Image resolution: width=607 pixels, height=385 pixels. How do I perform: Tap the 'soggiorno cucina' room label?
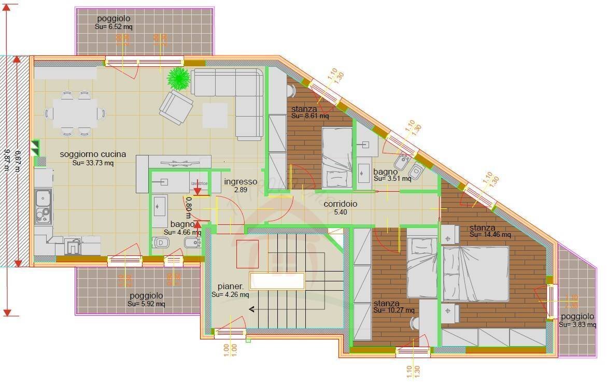tap(93, 154)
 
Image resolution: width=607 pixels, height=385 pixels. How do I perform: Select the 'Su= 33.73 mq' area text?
tap(93, 163)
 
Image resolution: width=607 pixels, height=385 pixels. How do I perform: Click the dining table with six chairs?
tap(75, 113)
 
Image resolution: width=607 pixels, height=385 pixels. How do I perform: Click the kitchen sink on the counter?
tap(43, 206)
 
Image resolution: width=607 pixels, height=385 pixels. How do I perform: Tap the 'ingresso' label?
tap(241, 182)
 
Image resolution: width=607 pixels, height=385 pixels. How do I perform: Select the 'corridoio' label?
tap(341, 204)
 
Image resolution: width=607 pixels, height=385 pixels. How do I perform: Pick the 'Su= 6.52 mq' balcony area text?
tap(114, 27)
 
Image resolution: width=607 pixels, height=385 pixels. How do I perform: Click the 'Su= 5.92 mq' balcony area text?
tap(146, 304)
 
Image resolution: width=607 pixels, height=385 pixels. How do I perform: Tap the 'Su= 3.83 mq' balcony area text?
tap(577, 325)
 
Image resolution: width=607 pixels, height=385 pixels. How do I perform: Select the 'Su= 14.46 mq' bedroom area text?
tap(490, 235)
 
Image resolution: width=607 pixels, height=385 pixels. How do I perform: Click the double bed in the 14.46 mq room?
tap(475, 274)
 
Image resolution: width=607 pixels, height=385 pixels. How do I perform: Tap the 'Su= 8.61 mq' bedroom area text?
tap(310, 117)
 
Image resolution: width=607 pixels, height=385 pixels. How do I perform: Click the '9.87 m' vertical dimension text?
tap(7, 161)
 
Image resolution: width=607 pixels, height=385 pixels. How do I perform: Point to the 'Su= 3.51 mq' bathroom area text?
tap(392, 179)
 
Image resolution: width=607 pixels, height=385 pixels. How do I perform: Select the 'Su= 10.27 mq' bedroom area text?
tap(393, 311)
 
